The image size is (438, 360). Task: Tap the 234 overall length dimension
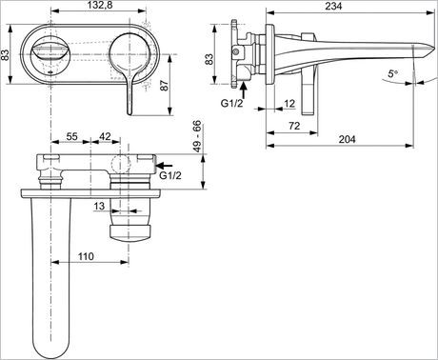click(x=331, y=8)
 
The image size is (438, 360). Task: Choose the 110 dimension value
click(x=86, y=256)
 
